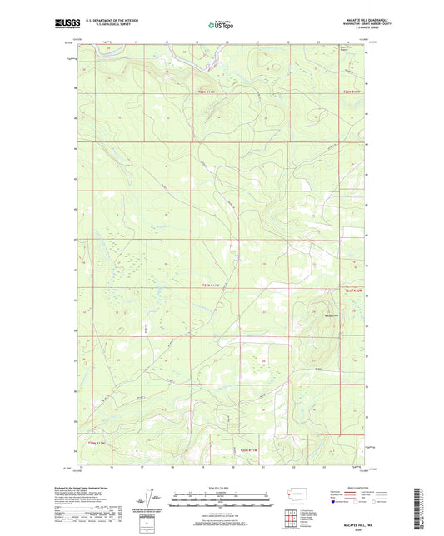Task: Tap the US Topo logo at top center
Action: click(x=222, y=25)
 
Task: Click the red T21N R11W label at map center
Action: click(x=214, y=286)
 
